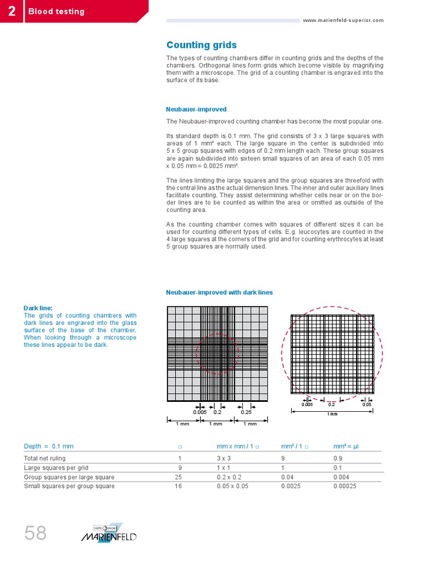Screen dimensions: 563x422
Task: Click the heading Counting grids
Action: coord(202,45)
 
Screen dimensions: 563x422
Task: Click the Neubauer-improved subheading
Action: coord(196,109)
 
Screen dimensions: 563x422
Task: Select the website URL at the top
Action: coord(343,20)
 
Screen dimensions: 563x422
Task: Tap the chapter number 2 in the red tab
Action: coord(12,11)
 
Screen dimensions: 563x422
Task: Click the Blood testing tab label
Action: coord(57,11)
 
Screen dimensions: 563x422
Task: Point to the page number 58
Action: coord(35,533)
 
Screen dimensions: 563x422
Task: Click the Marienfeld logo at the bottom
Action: coord(109,533)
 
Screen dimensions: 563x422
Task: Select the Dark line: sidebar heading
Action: coord(38,308)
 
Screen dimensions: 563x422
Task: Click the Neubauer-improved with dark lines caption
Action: coord(219,292)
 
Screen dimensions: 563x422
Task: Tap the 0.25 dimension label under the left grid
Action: coord(246,412)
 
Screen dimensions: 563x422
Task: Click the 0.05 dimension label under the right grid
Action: coord(367,404)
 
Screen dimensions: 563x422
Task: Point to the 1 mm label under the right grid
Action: coord(332,413)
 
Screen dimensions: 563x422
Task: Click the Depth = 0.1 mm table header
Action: coord(49,446)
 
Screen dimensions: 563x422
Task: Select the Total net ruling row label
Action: coord(45,458)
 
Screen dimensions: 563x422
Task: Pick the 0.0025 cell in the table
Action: coord(291,486)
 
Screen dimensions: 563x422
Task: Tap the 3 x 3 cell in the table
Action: coord(224,458)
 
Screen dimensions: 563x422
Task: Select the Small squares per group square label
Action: coord(69,486)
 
